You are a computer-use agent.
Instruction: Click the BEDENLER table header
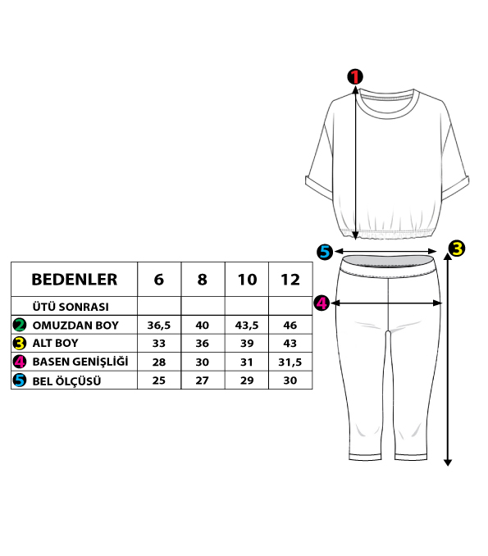pyautogui.click(x=75, y=280)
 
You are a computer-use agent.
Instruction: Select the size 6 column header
pyautogui.click(x=159, y=280)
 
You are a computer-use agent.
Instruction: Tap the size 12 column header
pyautogui.click(x=290, y=280)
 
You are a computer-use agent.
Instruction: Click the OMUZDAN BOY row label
pyautogui.click(x=75, y=326)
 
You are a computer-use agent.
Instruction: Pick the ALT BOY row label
pyautogui.click(x=55, y=344)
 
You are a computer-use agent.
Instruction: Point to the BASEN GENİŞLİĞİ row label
pyautogui.click(x=80, y=362)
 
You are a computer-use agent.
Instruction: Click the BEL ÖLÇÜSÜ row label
pyautogui.click(x=66, y=381)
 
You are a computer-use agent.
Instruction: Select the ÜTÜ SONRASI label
pyautogui.click(x=71, y=307)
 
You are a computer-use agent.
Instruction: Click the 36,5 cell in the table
pyautogui.click(x=159, y=326)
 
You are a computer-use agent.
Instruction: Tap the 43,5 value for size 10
pyautogui.click(x=247, y=326)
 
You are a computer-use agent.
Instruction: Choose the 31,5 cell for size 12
pyautogui.click(x=290, y=362)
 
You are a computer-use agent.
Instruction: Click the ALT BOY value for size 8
pyautogui.click(x=202, y=344)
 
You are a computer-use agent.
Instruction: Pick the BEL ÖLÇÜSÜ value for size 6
pyautogui.click(x=159, y=381)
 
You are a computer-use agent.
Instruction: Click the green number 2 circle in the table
pyautogui.click(x=20, y=325)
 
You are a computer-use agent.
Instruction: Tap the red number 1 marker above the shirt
pyautogui.click(x=355, y=76)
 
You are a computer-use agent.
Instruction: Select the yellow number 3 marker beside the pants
pyautogui.click(x=457, y=248)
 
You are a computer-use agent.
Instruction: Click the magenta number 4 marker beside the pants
pyautogui.click(x=322, y=303)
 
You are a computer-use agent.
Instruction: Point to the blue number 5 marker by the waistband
pyautogui.click(x=325, y=252)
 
